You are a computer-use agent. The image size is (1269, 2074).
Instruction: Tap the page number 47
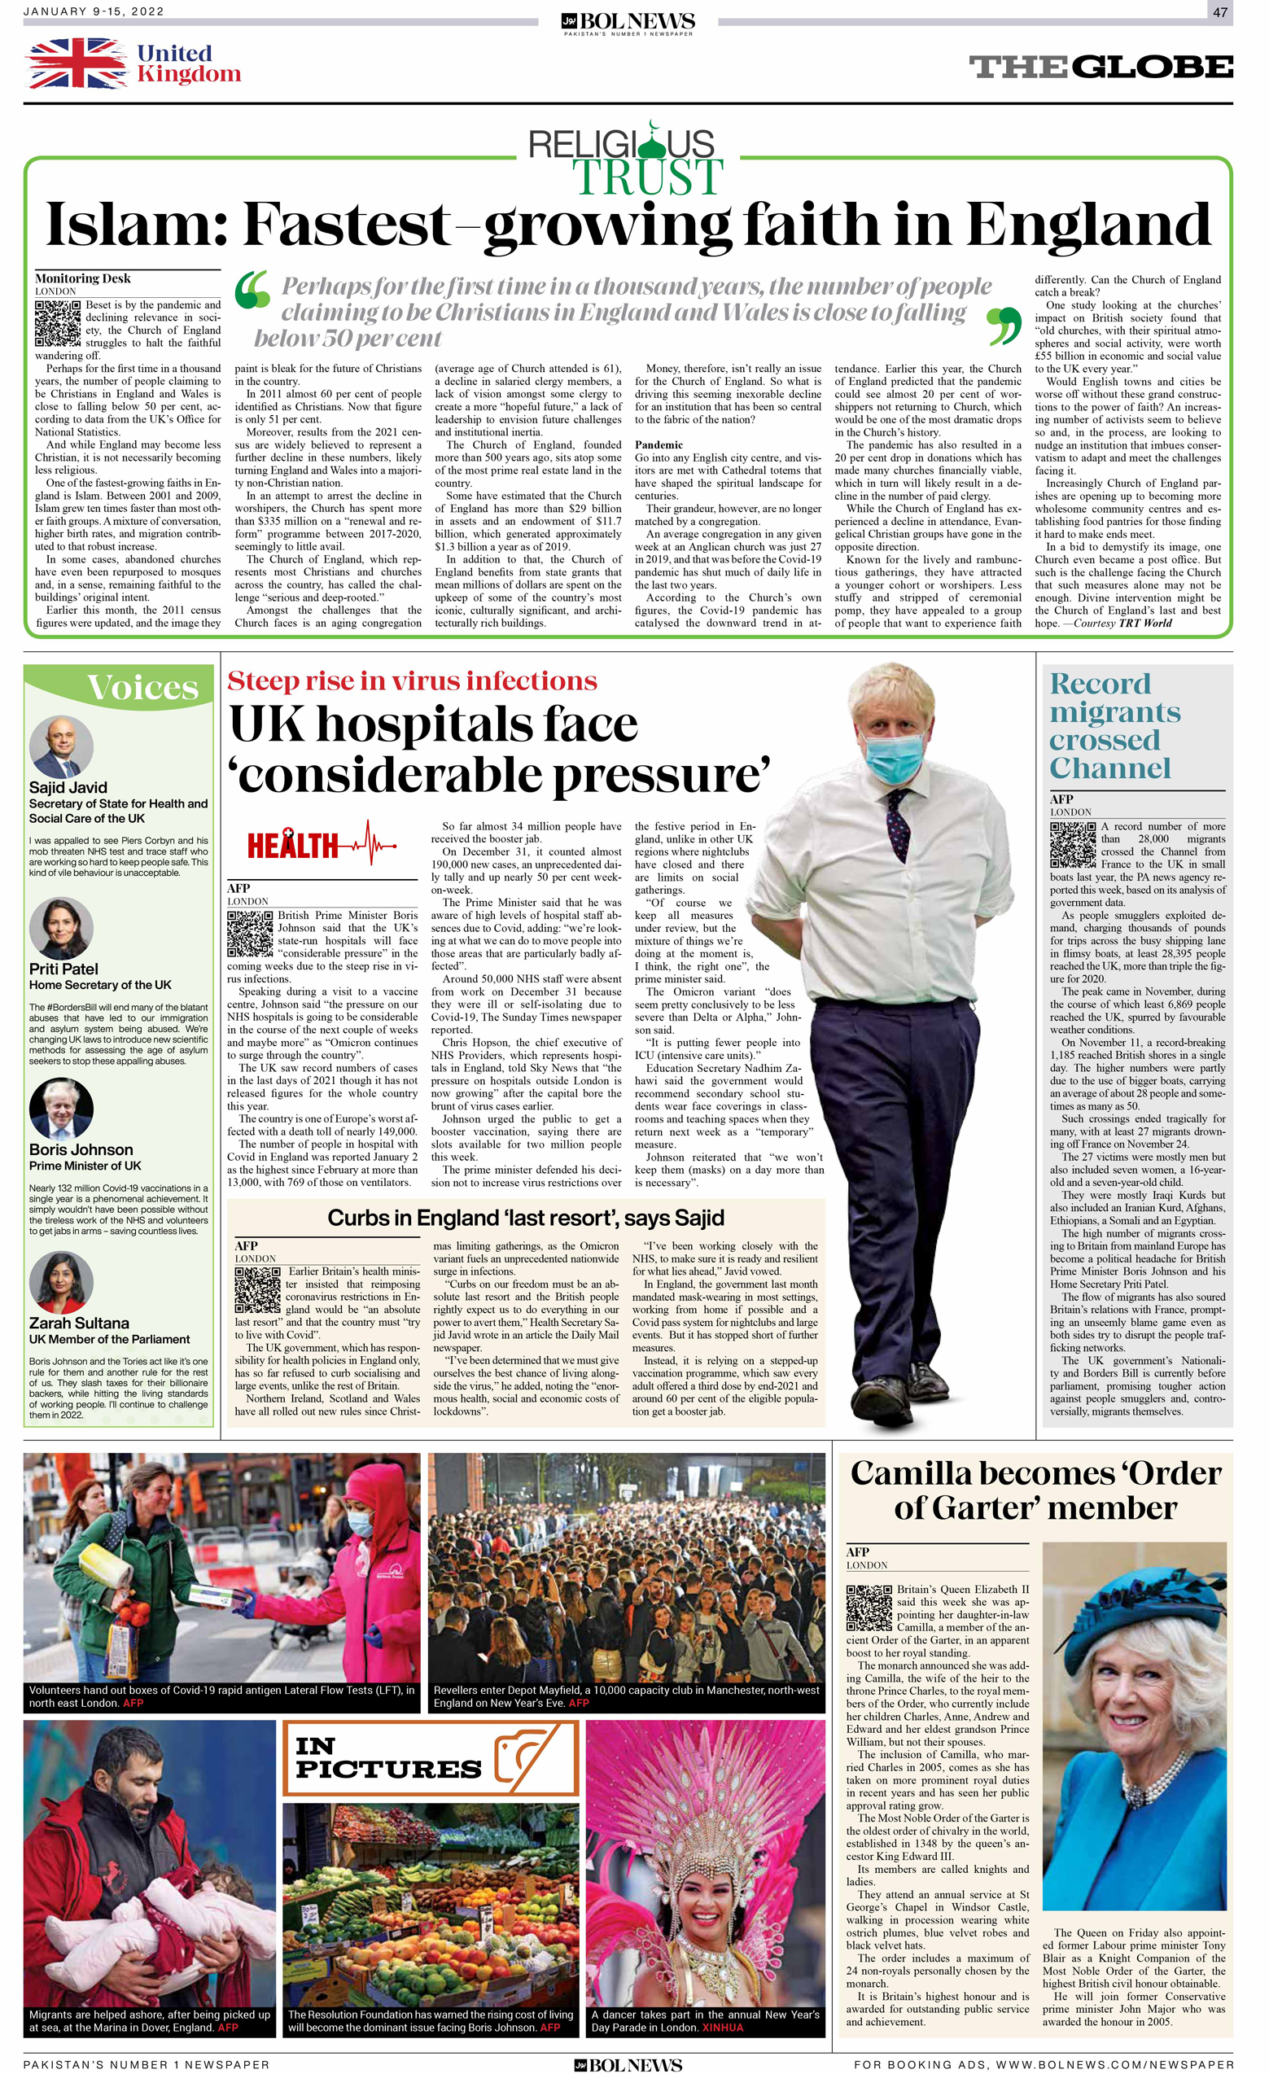[1219, 11]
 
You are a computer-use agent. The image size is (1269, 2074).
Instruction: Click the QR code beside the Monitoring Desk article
[57, 323]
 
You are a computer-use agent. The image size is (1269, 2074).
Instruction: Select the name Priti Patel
[63, 969]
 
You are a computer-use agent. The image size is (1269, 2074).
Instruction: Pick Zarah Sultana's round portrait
[60, 1282]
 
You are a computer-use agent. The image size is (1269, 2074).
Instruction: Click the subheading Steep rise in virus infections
[412, 681]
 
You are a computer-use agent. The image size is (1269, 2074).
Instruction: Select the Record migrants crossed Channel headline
[1114, 725]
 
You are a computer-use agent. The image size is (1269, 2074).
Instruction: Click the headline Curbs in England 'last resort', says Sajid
[525, 1218]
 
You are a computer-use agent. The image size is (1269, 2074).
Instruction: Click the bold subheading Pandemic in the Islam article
[658, 444]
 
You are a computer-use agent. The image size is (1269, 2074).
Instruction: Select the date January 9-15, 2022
[94, 11]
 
